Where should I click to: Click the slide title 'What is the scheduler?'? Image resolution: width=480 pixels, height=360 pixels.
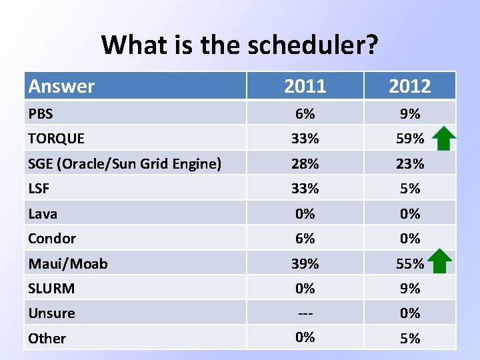pos(240,45)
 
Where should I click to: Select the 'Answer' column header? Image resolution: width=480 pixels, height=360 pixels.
pos(61,86)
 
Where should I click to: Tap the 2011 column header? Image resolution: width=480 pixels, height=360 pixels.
pos(305,86)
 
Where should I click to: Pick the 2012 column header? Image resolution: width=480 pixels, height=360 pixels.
pos(409,86)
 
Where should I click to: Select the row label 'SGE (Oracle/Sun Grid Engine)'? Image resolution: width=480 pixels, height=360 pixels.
pos(125,163)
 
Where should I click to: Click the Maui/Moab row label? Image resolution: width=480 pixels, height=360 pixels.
pos(67,263)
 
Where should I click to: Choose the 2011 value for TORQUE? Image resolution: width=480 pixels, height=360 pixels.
pos(305,139)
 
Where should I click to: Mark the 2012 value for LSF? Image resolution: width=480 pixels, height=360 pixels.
pos(409,189)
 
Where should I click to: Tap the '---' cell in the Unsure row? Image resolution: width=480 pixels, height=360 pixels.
pos(305,313)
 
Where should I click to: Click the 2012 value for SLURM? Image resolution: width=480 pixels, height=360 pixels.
pos(409,289)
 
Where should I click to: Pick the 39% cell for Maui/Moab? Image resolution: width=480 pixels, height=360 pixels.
pos(305,263)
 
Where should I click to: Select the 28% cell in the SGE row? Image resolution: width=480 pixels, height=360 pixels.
pos(305,163)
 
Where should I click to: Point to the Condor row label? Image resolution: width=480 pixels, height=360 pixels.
pos(52,239)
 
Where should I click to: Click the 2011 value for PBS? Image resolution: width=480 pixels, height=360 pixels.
pos(305,114)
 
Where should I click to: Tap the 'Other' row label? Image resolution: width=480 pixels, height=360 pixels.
pos(47,338)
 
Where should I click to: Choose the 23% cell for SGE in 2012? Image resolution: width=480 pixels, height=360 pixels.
pos(409,163)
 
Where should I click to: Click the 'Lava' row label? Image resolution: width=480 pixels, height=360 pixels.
pos(43,214)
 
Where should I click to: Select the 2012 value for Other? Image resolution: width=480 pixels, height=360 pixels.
pos(409,338)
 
